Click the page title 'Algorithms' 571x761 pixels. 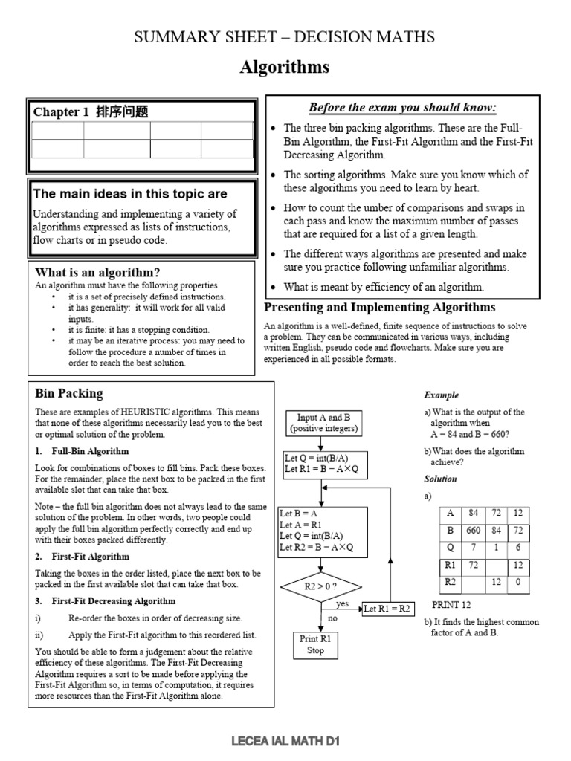click(285, 68)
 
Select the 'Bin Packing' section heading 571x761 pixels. click(69, 393)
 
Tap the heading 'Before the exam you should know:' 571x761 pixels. click(402, 107)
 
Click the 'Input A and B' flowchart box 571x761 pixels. click(323, 423)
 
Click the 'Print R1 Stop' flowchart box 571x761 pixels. click(315, 644)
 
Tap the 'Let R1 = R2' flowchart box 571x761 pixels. click(387, 608)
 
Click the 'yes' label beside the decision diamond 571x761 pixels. click(343, 603)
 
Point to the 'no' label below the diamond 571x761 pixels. click(332, 618)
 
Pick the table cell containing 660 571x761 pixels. click(473, 531)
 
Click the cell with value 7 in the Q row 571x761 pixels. click(473, 548)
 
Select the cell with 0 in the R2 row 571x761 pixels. click(517, 583)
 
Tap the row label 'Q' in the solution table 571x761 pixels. click(450, 548)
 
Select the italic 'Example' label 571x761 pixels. click(441, 395)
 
